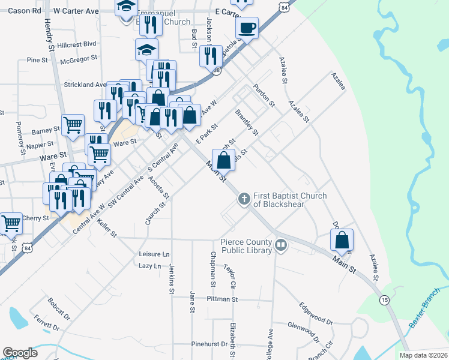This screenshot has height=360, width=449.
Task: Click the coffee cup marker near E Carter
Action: coord(247,27)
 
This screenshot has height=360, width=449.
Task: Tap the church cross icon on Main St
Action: coord(244,199)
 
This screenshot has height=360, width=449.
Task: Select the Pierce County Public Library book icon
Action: coord(280,244)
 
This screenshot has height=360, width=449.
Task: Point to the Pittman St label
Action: coord(222,299)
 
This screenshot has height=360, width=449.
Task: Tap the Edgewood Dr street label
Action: coord(316,313)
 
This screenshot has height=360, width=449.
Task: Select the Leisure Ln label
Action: coord(154,254)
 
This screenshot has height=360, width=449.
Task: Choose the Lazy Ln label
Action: coord(150,266)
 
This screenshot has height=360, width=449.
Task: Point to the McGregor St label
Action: coord(79,58)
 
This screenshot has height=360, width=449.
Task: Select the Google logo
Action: coord(20,353)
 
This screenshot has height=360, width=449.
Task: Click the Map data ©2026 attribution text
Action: coord(423,355)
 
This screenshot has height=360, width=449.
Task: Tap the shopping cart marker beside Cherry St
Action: coord(11,223)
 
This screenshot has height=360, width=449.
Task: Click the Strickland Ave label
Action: coord(85,85)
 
